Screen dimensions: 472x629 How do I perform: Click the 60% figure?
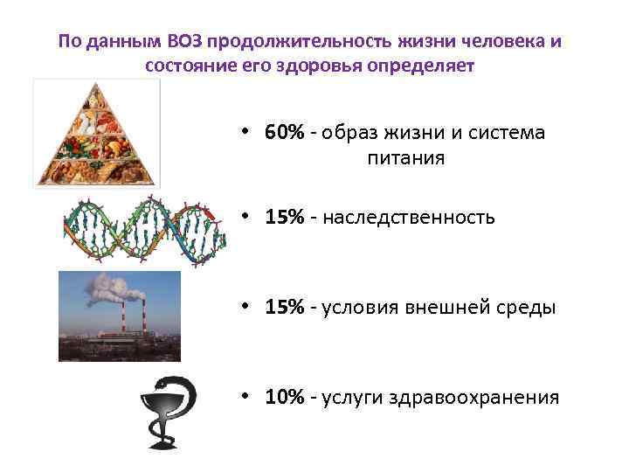click(285, 133)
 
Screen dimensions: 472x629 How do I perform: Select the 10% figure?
click(285, 398)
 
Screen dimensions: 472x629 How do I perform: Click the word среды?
click(526, 308)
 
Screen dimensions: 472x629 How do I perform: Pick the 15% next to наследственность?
click(285, 218)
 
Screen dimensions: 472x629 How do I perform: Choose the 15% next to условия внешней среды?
click(285, 308)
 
